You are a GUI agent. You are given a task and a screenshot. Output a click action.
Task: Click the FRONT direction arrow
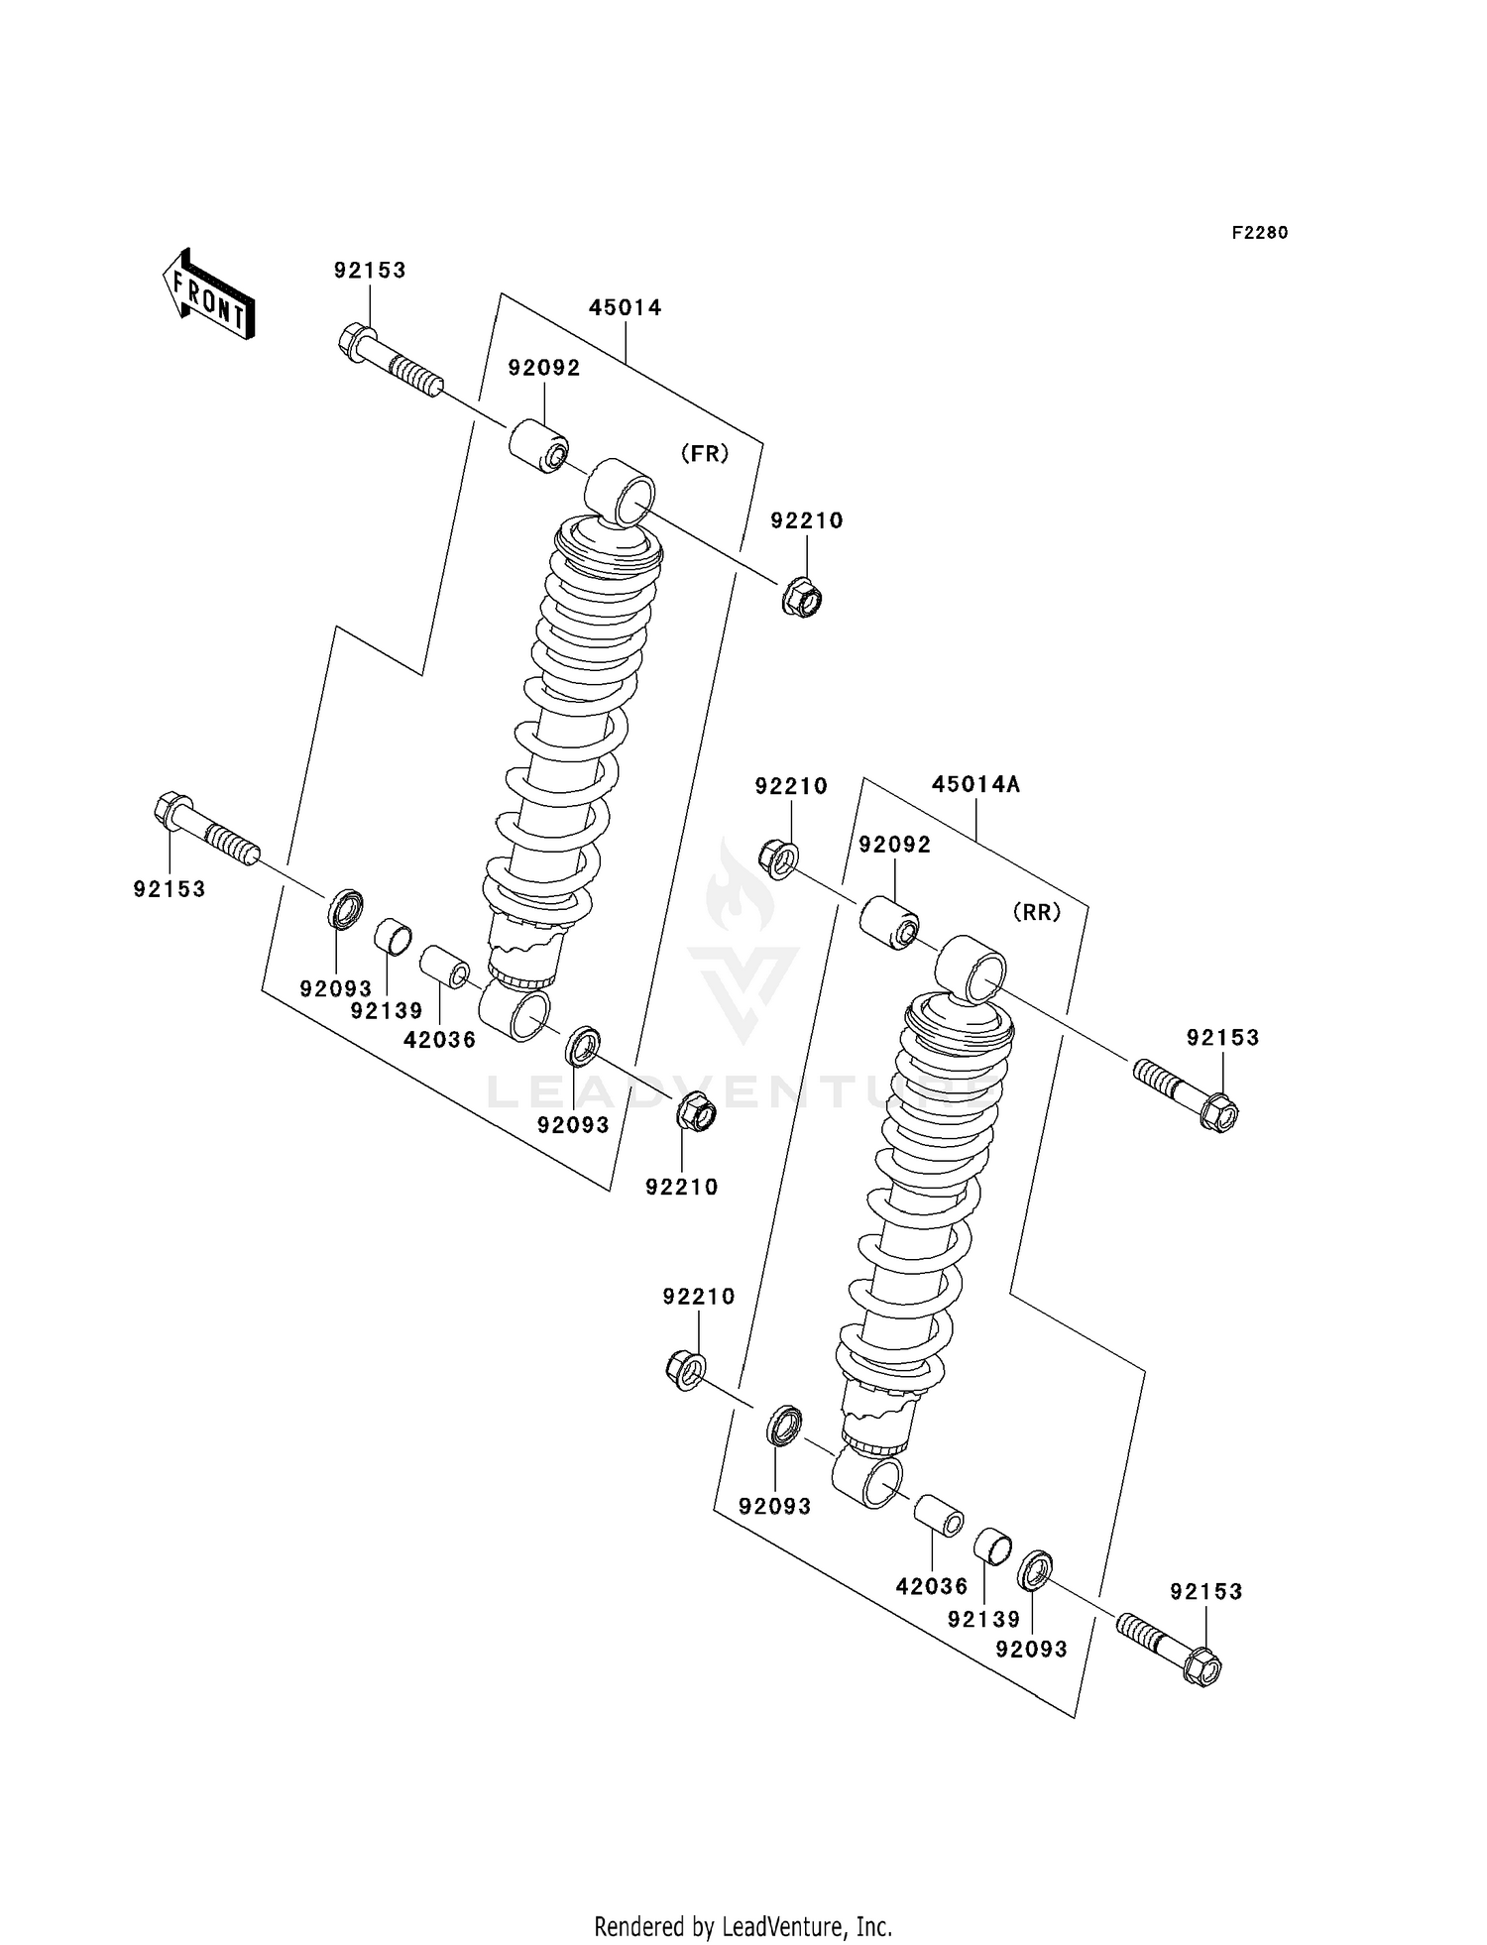click(208, 294)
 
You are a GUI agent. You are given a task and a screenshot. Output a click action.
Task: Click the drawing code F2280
click(1259, 233)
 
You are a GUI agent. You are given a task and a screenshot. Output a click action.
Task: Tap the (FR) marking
click(704, 454)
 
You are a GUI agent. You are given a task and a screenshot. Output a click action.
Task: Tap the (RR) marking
click(1037, 912)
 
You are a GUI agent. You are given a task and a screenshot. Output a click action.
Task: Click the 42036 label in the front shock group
click(439, 1039)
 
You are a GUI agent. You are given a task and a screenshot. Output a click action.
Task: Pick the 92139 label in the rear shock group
click(982, 1619)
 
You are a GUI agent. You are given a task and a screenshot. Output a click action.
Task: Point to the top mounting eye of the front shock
click(622, 493)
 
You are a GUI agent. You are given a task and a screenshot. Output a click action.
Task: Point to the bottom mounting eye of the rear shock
click(869, 1482)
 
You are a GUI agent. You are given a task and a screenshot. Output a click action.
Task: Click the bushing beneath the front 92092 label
click(539, 446)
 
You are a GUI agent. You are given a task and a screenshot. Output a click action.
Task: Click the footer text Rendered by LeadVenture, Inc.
click(743, 1926)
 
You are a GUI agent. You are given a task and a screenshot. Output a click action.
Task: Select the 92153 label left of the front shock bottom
click(170, 889)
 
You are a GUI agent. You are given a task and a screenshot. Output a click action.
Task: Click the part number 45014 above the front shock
click(625, 307)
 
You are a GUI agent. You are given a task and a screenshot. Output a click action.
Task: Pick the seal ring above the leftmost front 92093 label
click(344, 909)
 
